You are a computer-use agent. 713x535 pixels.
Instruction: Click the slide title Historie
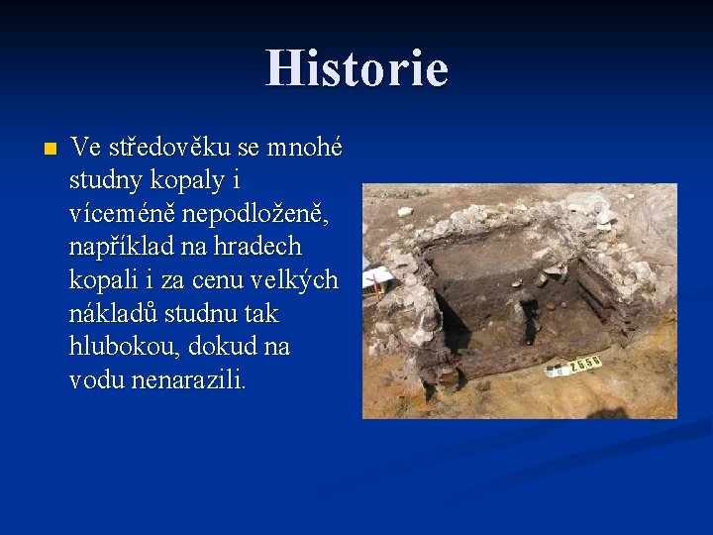click(x=356, y=69)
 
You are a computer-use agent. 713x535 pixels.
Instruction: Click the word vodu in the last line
click(x=96, y=380)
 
